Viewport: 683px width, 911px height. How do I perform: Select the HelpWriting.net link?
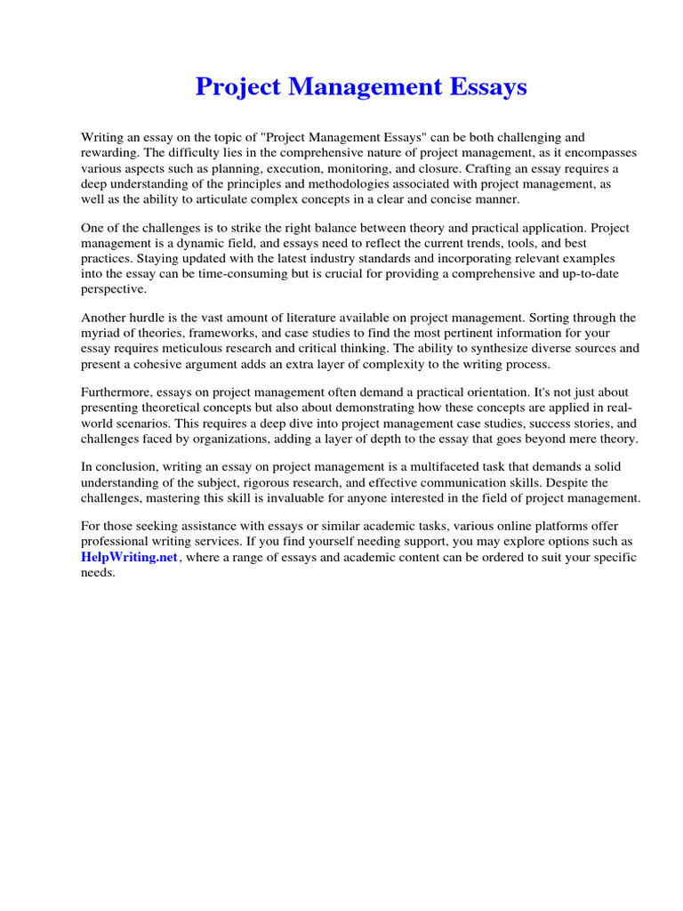tap(130, 557)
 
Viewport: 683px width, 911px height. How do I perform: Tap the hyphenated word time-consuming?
tap(255, 273)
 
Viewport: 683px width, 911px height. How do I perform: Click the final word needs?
tap(98, 572)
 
